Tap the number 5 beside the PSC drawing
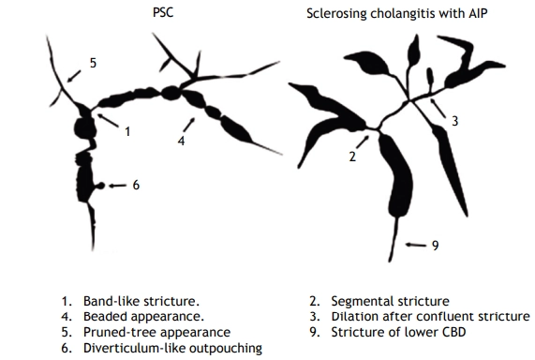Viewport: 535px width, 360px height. [x=92, y=63]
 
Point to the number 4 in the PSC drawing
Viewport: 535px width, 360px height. [x=181, y=141]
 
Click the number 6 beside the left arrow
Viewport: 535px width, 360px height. [x=136, y=186]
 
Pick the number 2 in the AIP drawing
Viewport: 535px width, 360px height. [x=352, y=157]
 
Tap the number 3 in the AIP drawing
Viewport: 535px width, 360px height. [x=454, y=122]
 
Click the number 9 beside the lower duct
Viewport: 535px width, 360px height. [x=435, y=246]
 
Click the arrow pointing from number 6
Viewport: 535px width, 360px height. [x=117, y=186]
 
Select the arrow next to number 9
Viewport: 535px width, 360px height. [x=413, y=246]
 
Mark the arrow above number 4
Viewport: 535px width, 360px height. [x=192, y=123]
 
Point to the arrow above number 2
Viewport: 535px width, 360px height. [x=361, y=141]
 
